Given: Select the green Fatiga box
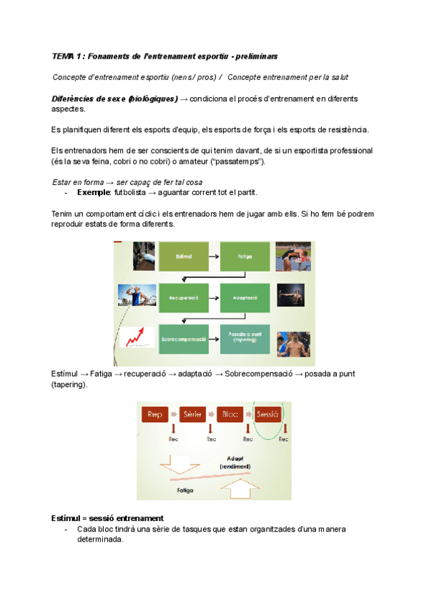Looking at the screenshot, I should point(245,256).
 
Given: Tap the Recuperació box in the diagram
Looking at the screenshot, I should point(183,297).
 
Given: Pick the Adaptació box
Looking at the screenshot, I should point(245,297).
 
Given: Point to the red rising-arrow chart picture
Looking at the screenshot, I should point(136,337).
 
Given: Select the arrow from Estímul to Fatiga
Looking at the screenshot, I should point(212,256).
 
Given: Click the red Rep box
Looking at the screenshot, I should point(154,414).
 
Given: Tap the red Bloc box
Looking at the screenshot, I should point(230,414).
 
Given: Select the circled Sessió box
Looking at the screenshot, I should point(267,414).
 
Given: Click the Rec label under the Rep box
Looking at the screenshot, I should point(173,439).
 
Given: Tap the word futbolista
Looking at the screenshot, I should point(126,193).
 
